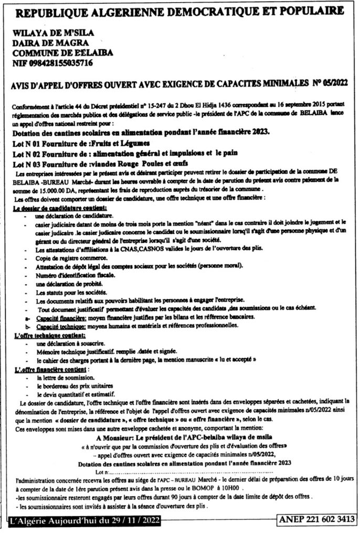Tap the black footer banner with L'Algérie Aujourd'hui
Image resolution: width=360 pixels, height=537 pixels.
(x=84, y=521)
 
